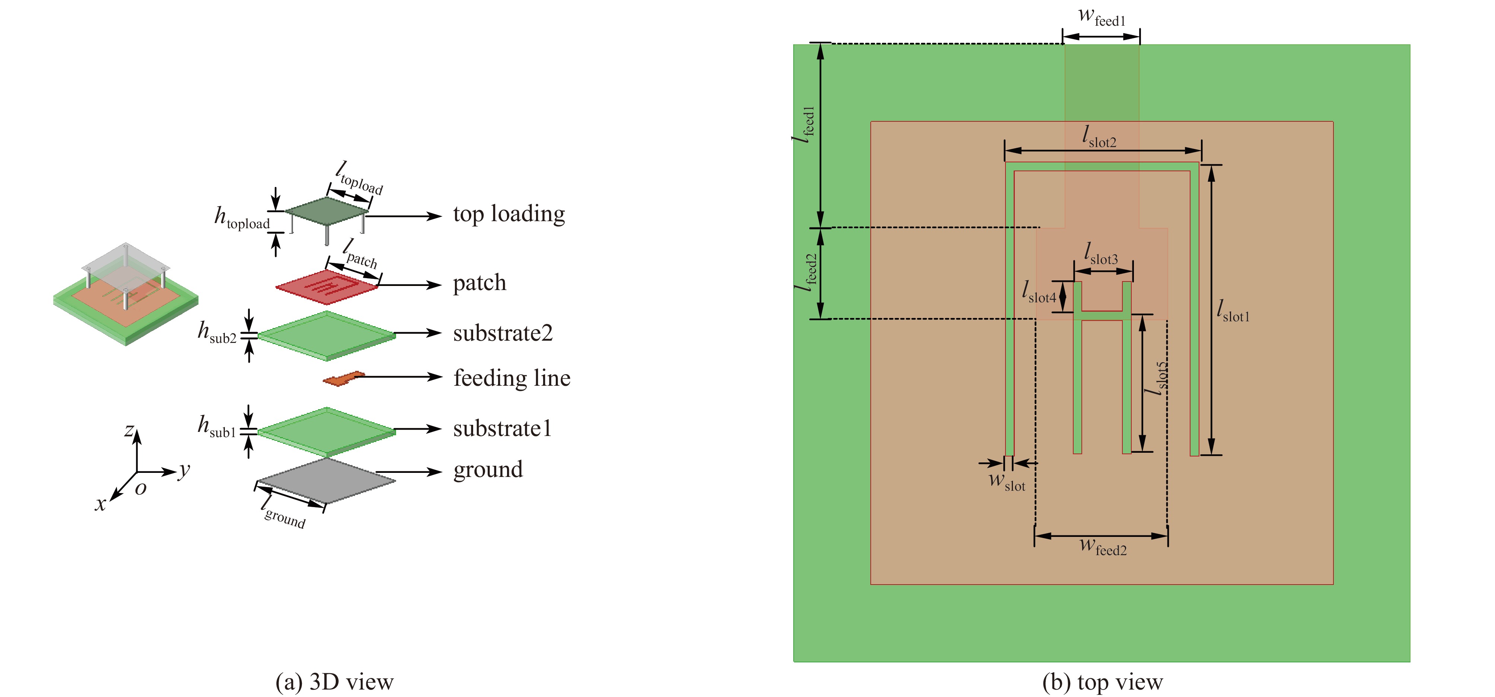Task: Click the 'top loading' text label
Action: (509, 214)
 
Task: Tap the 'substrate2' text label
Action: (503, 333)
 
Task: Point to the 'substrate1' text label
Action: (502, 429)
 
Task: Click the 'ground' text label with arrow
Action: (488, 470)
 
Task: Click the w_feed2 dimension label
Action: (1103, 547)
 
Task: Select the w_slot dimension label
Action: (1007, 482)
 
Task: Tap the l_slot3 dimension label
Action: (1101, 255)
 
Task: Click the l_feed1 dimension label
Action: (805, 124)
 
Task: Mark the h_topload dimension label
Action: (242, 218)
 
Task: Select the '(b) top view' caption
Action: (1102, 682)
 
